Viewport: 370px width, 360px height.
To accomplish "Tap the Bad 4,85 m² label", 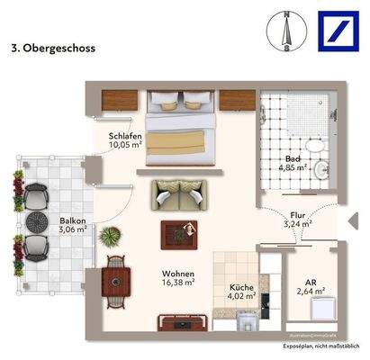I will (x=293, y=163).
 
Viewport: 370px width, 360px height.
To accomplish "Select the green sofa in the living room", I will (x=179, y=192).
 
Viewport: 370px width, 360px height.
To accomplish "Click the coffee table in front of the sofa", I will (x=177, y=234).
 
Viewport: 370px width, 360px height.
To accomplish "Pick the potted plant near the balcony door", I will (x=110, y=237).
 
